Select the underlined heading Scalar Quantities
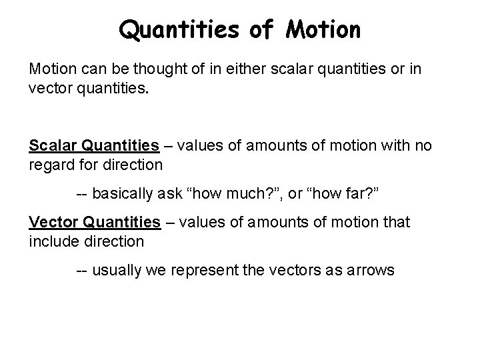click(94, 145)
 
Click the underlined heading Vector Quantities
click(95, 221)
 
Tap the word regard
click(49, 163)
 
